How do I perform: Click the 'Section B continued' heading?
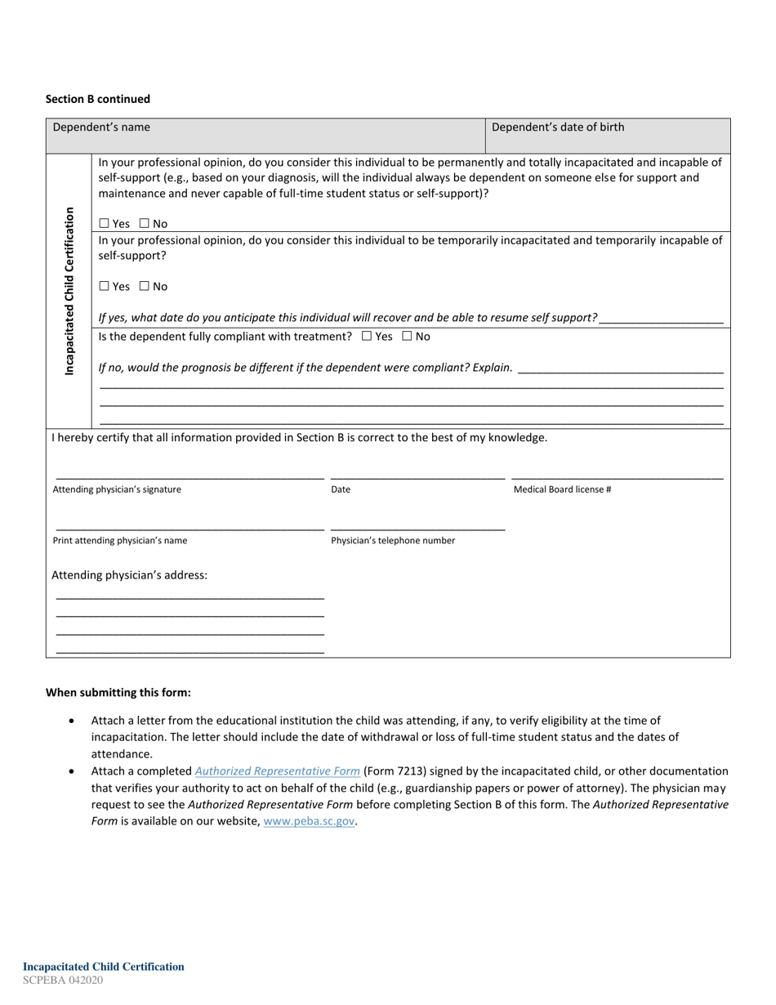(x=98, y=99)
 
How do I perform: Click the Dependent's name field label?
(x=101, y=127)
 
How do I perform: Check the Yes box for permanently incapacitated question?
(x=105, y=224)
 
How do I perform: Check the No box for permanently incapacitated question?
(x=145, y=224)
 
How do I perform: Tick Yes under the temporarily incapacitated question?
(x=105, y=287)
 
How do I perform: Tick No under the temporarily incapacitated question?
(x=145, y=287)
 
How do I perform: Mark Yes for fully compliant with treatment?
(x=366, y=337)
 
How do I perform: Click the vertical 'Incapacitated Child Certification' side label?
(x=69, y=291)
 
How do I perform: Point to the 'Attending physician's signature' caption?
(x=117, y=489)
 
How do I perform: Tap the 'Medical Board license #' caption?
(x=562, y=489)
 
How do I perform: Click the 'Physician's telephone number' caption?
(x=393, y=541)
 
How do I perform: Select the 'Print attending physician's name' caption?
(x=120, y=541)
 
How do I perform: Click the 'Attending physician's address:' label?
(x=130, y=575)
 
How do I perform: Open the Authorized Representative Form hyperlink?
(x=278, y=771)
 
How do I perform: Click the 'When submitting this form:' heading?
(x=118, y=693)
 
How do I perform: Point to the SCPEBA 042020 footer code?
(x=63, y=980)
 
